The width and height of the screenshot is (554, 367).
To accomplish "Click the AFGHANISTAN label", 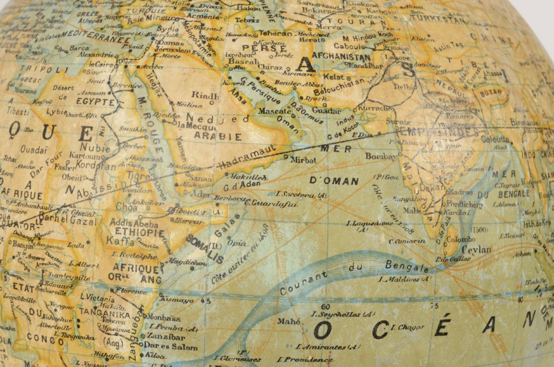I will click(x=341, y=57).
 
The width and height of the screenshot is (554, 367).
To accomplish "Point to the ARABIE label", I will click(x=218, y=136).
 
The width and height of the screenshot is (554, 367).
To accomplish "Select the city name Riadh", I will click(x=205, y=96).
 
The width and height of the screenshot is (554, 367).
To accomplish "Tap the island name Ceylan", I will click(x=476, y=250).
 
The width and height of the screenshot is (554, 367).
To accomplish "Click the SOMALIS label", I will click(x=205, y=249).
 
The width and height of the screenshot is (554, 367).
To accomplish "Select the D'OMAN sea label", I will click(x=334, y=181).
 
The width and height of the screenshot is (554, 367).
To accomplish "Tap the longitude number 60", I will click(x=325, y=307).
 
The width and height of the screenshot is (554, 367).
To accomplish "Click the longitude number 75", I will click(x=435, y=306).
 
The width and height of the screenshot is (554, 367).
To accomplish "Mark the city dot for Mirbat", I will click(x=286, y=157).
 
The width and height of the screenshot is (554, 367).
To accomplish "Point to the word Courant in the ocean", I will click(x=303, y=284).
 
